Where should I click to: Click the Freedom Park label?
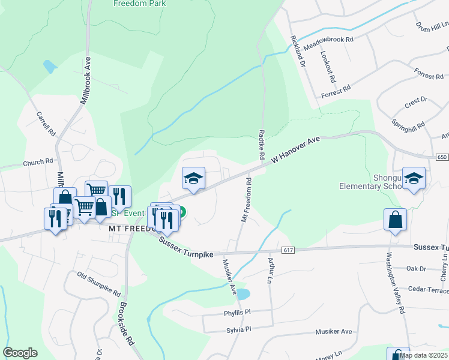click(x=140, y=3)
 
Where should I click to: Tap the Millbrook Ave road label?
click(x=88, y=71)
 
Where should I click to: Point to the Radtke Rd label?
click(x=262, y=144)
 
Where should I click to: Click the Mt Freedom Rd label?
click(x=246, y=199)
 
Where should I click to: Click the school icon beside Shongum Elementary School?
click(x=414, y=178)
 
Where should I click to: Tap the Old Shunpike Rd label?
click(x=99, y=285)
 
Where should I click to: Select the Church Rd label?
click(x=38, y=162)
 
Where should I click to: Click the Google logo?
click(x=20, y=353)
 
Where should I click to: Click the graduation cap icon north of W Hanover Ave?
click(x=193, y=178)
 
